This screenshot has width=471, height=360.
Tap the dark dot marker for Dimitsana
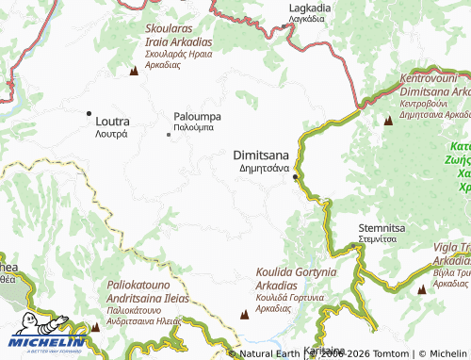tap(295, 177)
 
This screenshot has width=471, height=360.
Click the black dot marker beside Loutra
tap(89, 121)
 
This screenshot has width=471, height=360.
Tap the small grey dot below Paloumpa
tap(169, 135)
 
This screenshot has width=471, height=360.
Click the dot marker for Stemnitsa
tap(354, 246)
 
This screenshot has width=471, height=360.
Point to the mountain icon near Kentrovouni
tap(388, 120)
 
